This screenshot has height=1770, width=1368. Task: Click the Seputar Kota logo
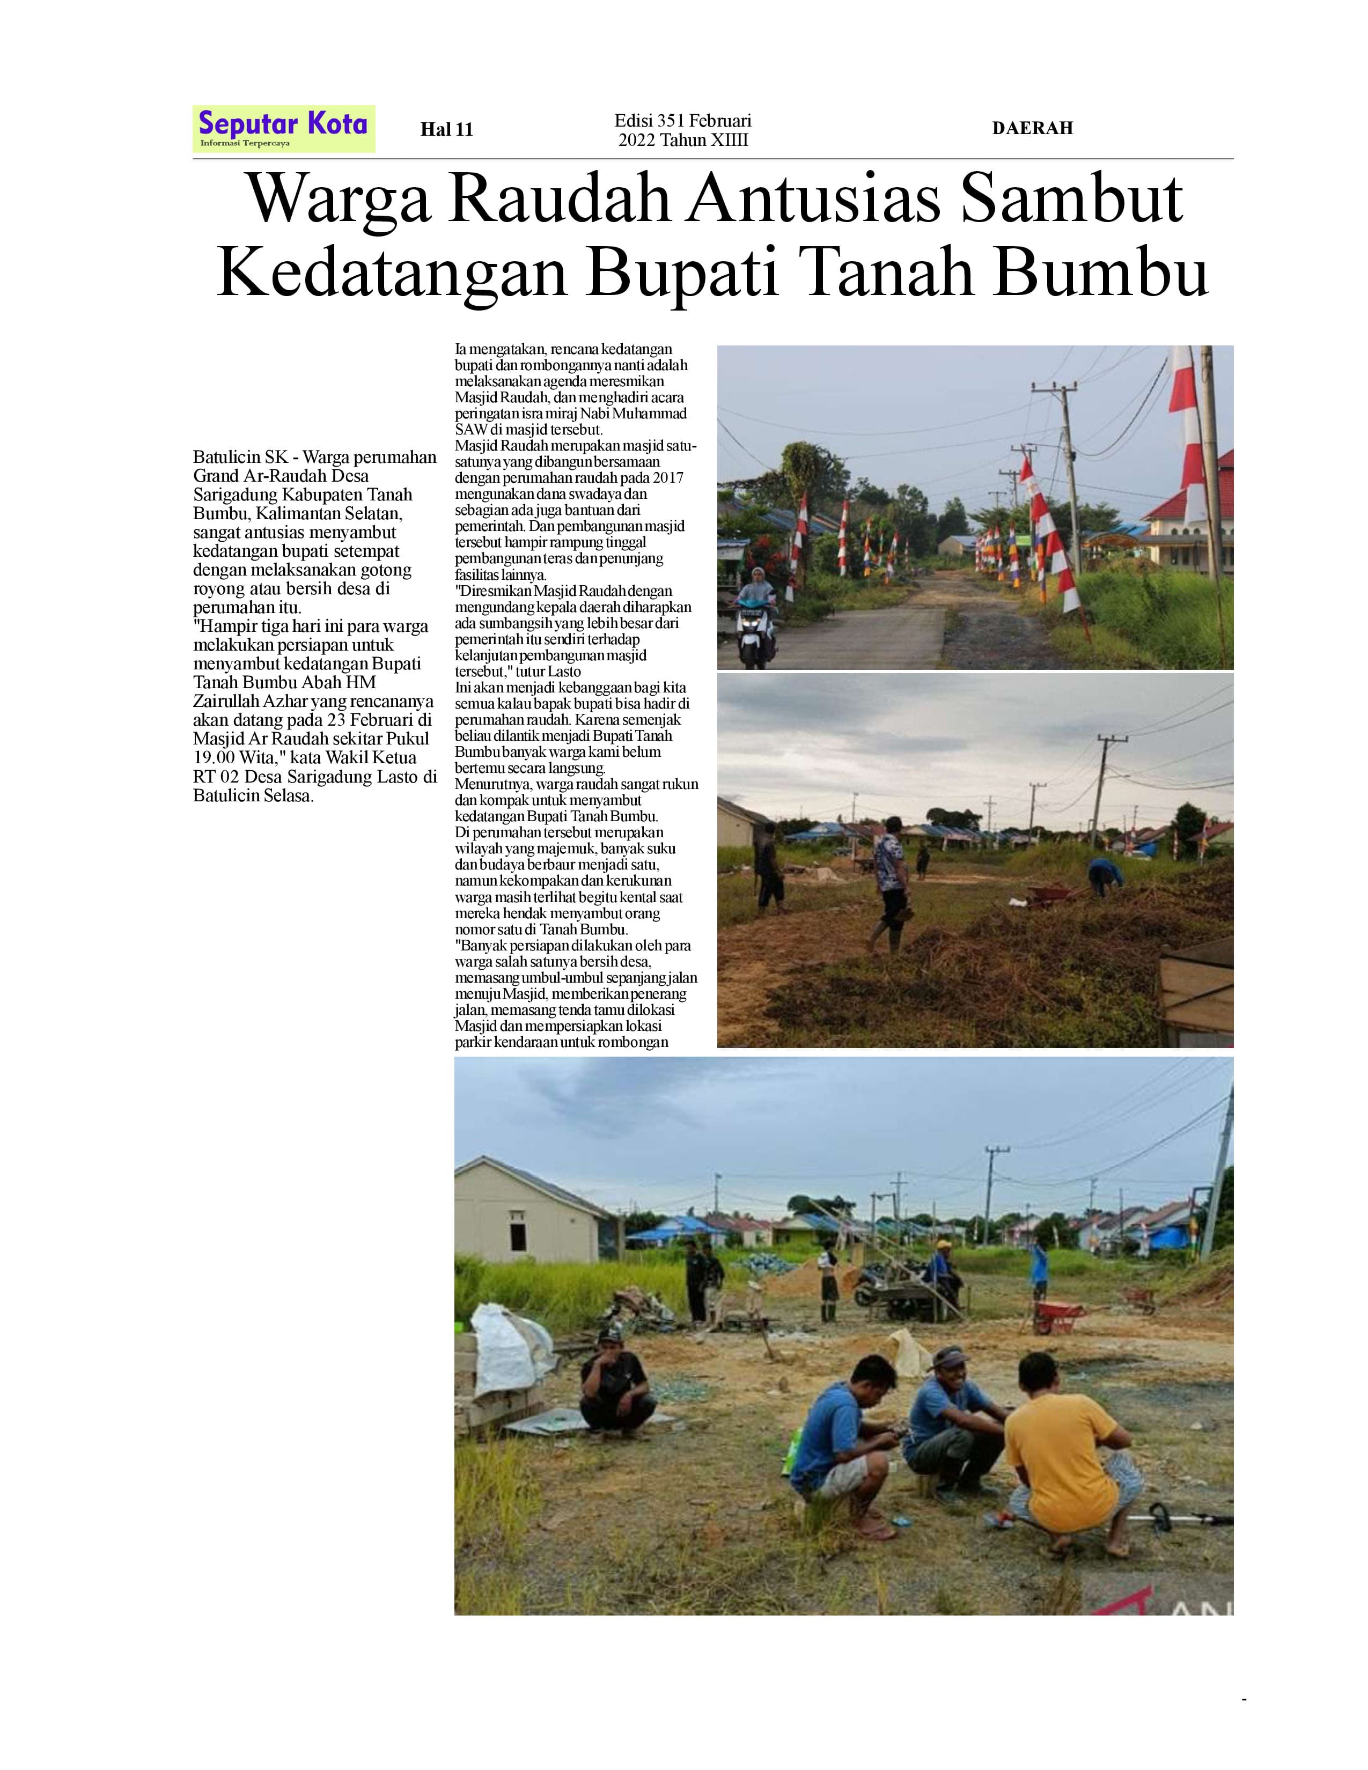(x=284, y=128)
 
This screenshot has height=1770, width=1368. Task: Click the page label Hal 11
(x=446, y=130)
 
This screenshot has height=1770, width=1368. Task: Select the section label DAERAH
(x=1032, y=128)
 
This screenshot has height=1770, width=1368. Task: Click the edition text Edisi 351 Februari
(x=682, y=121)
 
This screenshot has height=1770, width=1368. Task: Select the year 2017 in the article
(x=668, y=477)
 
